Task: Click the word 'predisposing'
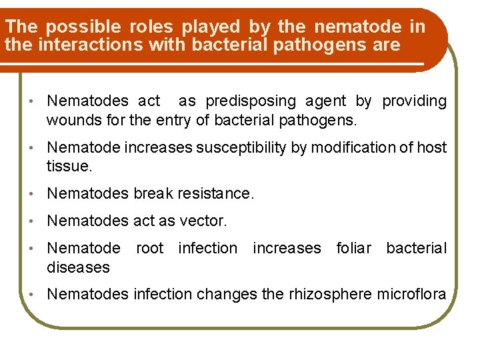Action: coord(251,101)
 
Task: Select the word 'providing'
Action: coord(414,101)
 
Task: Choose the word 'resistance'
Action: coord(214,194)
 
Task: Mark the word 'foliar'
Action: coord(354,249)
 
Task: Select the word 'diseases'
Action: coord(77,267)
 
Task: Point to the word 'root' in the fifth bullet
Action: coord(149,249)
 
